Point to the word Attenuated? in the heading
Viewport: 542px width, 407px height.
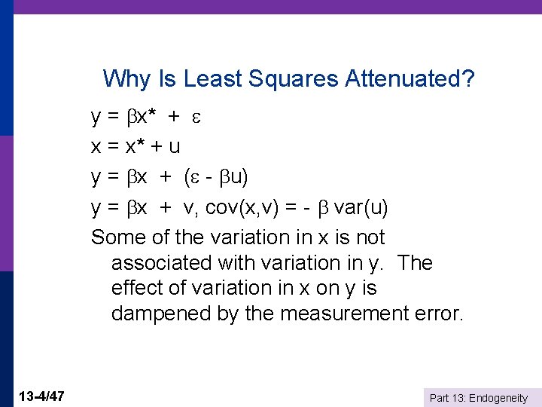point(410,78)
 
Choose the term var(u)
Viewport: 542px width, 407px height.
point(361,207)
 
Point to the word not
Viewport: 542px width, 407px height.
point(370,237)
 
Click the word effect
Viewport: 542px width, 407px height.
point(135,288)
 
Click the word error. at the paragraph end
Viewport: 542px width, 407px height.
point(434,314)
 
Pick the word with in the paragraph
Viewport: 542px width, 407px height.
point(235,263)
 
